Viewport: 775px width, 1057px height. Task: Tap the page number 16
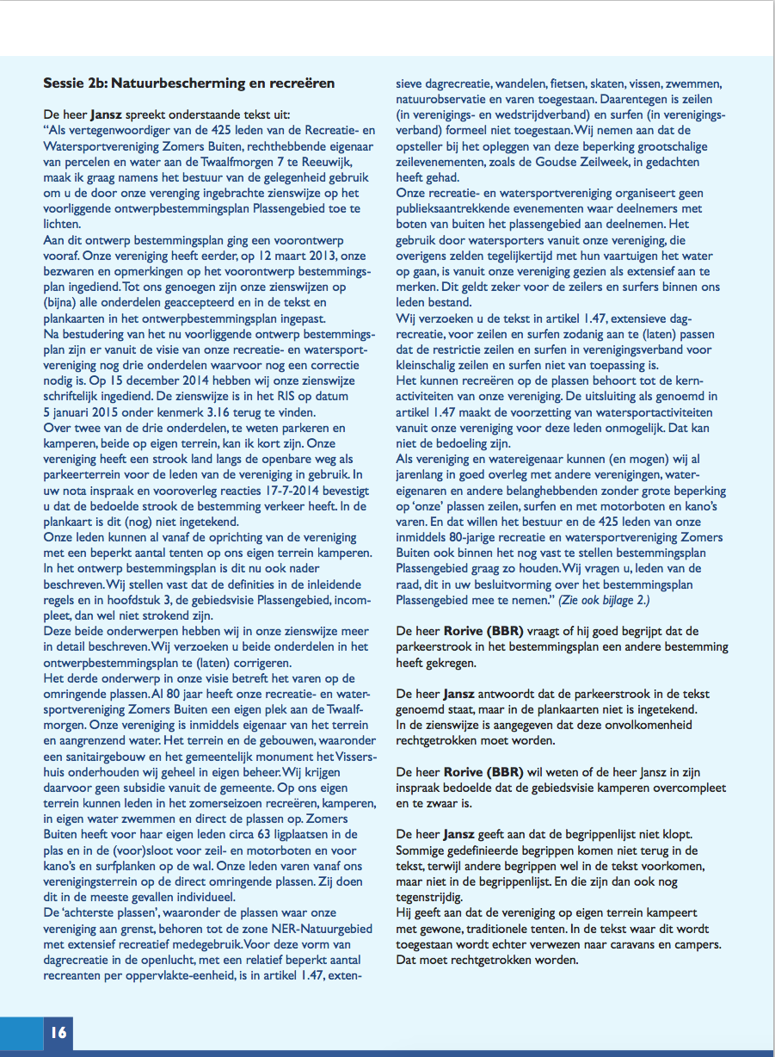click(58, 1032)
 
